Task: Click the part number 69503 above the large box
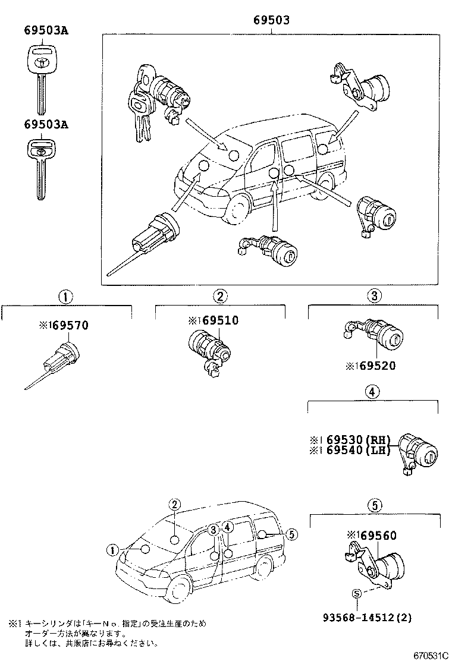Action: [x=271, y=20]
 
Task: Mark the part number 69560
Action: [x=376, y=536]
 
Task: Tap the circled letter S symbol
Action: [x=357, y=593]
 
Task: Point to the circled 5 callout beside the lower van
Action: [x=291, y=534]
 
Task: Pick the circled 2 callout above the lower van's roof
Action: [x=174, y=505]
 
